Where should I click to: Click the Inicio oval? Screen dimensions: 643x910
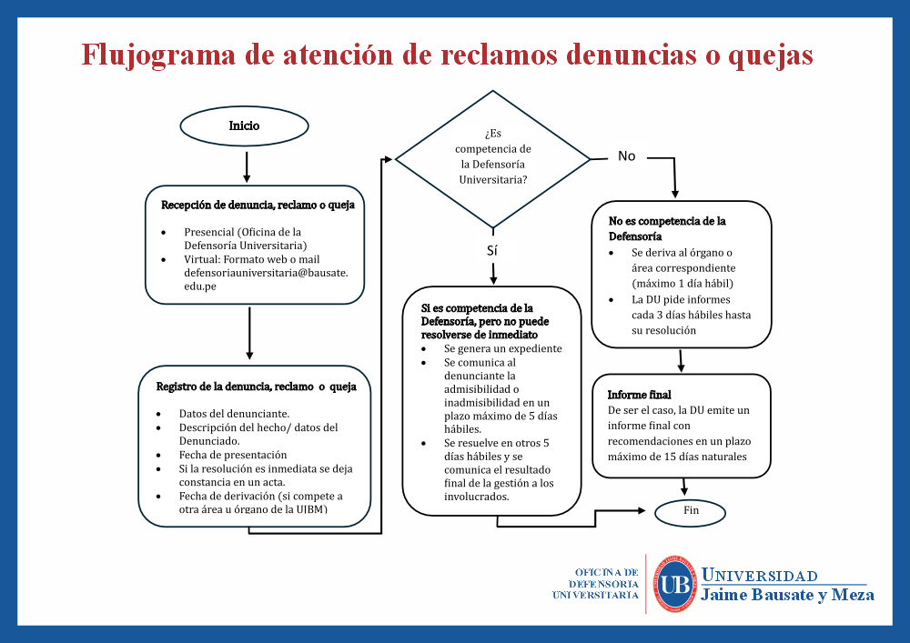[x=244, y=126]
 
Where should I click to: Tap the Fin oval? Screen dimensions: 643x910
[x=691, y=511]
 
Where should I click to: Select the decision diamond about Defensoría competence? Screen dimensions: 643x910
[x=492, y=159]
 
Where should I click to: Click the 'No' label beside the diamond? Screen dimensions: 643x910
[x=626, y=156]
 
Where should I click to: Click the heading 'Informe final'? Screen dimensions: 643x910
[x=640, y=395]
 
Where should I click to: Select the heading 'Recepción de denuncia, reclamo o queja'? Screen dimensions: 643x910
[x=258, y=205]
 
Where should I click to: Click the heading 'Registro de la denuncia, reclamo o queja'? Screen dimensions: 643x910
[x=256, y=387]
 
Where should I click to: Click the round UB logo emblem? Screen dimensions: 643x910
[x=674, y=583]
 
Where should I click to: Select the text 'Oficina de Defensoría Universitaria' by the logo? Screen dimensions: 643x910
[x=595, y=583]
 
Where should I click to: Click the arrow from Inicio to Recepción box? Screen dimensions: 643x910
[x=247, y=166]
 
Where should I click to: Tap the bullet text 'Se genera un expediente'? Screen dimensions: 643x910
[x=502, y=348]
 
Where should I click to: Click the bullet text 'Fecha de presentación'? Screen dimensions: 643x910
[x=232, y=455]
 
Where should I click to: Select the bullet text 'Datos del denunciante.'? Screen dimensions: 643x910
[x=234, y=414]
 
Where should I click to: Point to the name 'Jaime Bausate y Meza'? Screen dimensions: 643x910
[x=787, y=595]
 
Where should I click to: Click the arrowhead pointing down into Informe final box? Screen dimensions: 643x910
[x=681, y=368]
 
